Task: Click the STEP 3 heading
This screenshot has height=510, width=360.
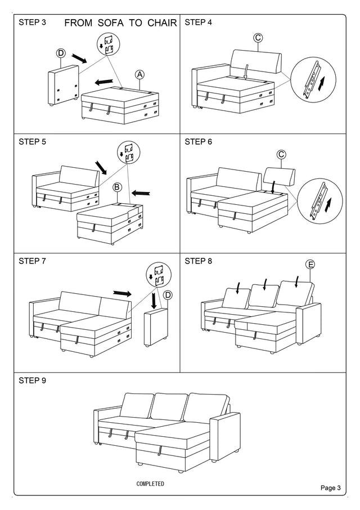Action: (33, 23)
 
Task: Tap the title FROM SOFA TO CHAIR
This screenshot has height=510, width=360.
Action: (121, 23)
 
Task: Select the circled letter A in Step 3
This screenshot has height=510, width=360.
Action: (139, 74)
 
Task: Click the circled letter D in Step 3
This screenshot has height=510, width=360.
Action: (61, 53)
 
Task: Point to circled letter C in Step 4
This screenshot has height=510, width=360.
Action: (258, 38)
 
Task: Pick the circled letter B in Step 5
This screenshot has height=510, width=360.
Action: (118, 187)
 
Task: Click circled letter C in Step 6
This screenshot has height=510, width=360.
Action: (281, 154)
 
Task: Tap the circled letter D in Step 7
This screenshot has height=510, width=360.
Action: (168, 295)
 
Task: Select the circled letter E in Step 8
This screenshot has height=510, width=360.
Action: (310, 264)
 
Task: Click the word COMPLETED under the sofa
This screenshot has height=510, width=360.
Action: (150, 484)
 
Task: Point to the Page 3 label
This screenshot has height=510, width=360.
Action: (331, 487)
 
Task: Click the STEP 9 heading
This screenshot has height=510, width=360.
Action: (33, 380)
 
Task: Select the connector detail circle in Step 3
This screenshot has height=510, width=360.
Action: (109, 44)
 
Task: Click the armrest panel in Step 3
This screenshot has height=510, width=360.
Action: (62, 86)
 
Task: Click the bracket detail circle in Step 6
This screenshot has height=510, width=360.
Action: (316, 200)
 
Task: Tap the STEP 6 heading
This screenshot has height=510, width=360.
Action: (198, 142)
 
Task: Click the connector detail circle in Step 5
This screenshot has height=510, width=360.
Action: (128, 153)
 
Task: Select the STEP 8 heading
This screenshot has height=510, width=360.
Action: (198, 261)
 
